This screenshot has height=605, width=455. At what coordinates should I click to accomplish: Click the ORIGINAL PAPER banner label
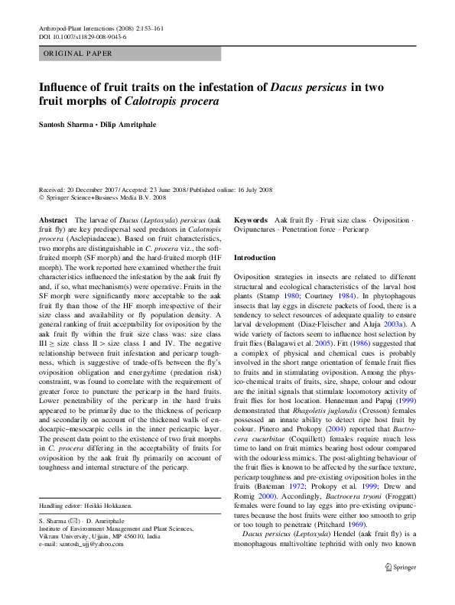(78, 54)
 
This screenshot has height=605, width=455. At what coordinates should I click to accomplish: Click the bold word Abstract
(53, 220)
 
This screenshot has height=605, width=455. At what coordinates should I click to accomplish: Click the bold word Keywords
(251, 220)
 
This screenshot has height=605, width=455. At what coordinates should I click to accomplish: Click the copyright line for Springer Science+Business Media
(102, 197)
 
